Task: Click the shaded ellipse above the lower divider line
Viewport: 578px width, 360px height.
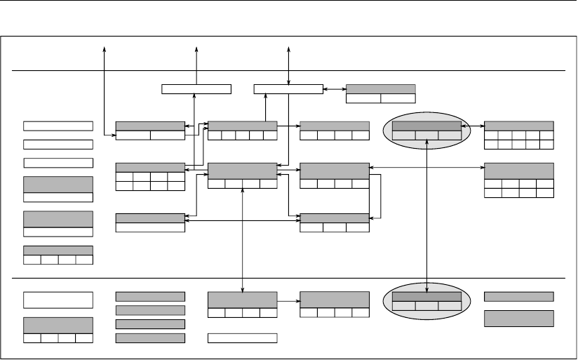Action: (400, 130)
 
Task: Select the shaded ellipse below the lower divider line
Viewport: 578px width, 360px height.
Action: (400, 301)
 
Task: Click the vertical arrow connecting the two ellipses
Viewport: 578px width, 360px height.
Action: (427, 211)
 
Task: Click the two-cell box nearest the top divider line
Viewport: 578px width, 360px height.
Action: (381, 93)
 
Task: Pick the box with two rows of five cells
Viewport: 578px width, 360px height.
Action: (519, 135)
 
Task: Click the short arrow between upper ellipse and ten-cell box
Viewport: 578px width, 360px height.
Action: (473, 126)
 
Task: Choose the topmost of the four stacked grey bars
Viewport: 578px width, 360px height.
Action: (150, 296)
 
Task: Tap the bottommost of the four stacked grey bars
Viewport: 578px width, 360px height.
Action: (150, 338)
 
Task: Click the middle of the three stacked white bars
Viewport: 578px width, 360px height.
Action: (58, 145)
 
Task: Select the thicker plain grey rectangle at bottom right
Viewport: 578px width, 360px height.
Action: (519, 318)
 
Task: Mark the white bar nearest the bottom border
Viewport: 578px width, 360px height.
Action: (243, 338)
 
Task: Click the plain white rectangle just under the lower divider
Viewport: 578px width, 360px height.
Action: (58, 300)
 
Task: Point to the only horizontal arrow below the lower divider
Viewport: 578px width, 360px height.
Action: (288, 300)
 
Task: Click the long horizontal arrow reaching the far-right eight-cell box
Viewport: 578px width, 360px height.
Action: (427, 167)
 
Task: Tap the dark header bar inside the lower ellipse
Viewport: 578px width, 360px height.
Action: (426, 297)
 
